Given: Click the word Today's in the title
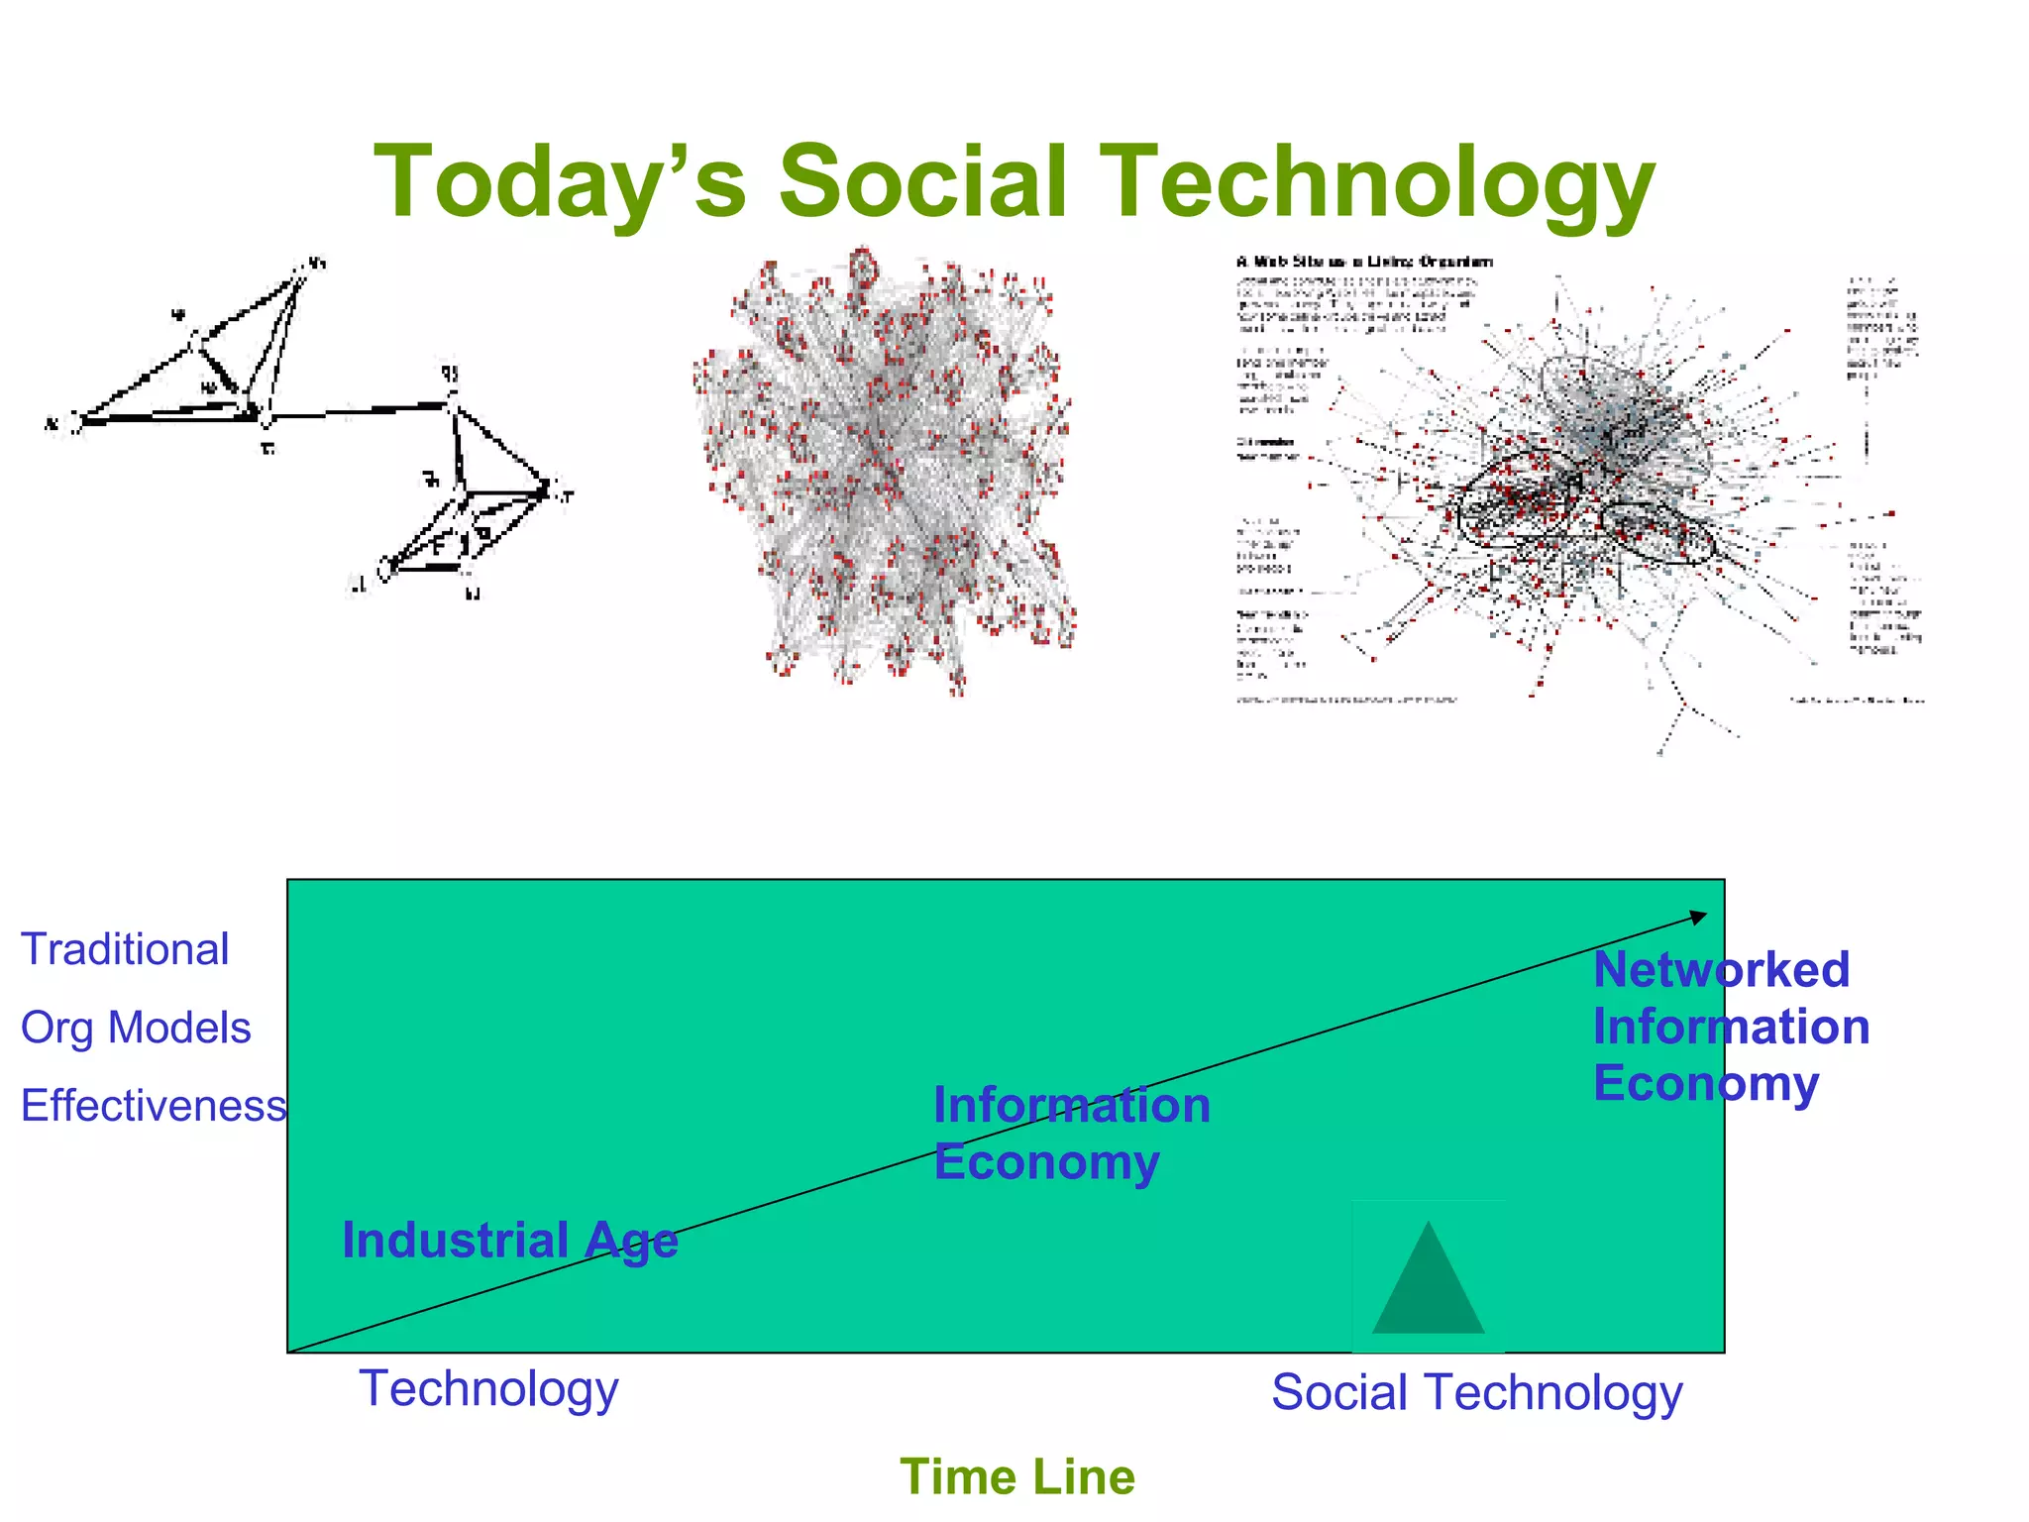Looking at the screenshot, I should tap(559, 183).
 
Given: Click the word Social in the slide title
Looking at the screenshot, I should tap(923, 181).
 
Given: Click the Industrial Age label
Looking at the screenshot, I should tap(509, 1241).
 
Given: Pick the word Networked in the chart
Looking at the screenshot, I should tap(1721, 969).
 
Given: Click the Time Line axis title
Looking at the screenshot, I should tap(1016, 1476).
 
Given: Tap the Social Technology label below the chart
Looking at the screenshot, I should tap(1476, 1392).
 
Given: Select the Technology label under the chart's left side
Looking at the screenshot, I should tap(488, 1388).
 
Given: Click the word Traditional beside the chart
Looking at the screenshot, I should tap(125, 949).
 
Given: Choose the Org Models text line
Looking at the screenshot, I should tap(136, 1028).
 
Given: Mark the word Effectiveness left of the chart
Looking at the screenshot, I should tap(154, 1105).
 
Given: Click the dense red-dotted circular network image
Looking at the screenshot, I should tap(885, 471).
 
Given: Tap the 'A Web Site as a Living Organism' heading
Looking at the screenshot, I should tap(1364, 262).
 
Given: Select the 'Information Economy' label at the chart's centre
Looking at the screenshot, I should tap(1071, 1133).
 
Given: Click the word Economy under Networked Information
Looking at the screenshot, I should tap(1705, 1083).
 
